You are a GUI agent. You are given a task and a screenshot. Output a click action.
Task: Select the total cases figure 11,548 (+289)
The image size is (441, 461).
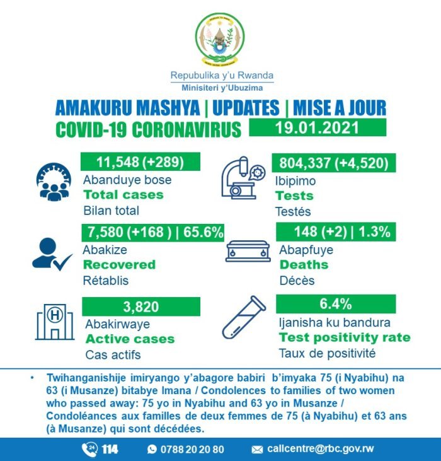pos(140,161)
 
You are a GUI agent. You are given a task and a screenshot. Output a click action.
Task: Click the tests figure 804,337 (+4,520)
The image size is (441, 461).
pos(334,162)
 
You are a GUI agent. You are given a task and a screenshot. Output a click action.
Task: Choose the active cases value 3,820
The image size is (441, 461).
pos(140,306)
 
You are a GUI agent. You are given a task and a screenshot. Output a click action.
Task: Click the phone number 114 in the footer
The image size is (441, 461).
pos(110,448)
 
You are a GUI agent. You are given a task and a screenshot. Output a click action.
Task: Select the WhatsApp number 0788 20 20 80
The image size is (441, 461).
pos(192,449)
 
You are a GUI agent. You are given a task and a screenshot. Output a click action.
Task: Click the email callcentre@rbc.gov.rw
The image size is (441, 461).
pos(319,449)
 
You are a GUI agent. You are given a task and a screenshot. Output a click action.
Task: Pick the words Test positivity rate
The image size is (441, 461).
pos(345,337)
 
